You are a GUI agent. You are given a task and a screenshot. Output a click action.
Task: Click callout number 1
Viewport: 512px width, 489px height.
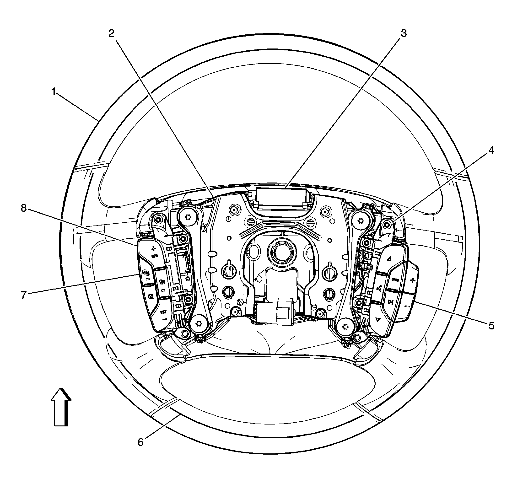[54, 92]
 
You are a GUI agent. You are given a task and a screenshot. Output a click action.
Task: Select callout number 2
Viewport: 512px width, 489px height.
[111, 33]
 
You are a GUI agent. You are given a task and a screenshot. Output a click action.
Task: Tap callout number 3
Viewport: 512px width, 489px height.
[403, 33]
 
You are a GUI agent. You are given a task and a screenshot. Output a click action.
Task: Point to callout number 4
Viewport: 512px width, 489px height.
[491, 151]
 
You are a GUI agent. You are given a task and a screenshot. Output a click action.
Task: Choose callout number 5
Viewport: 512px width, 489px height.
[491, 326]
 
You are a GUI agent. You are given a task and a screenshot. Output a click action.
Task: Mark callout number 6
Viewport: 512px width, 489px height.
[140, 442]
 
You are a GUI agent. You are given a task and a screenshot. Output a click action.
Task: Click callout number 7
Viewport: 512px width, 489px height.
[24, 295]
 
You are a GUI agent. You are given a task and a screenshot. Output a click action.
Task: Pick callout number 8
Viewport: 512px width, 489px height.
[24, 208]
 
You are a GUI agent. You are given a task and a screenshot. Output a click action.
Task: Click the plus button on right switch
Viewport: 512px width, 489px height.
[412, 281]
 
